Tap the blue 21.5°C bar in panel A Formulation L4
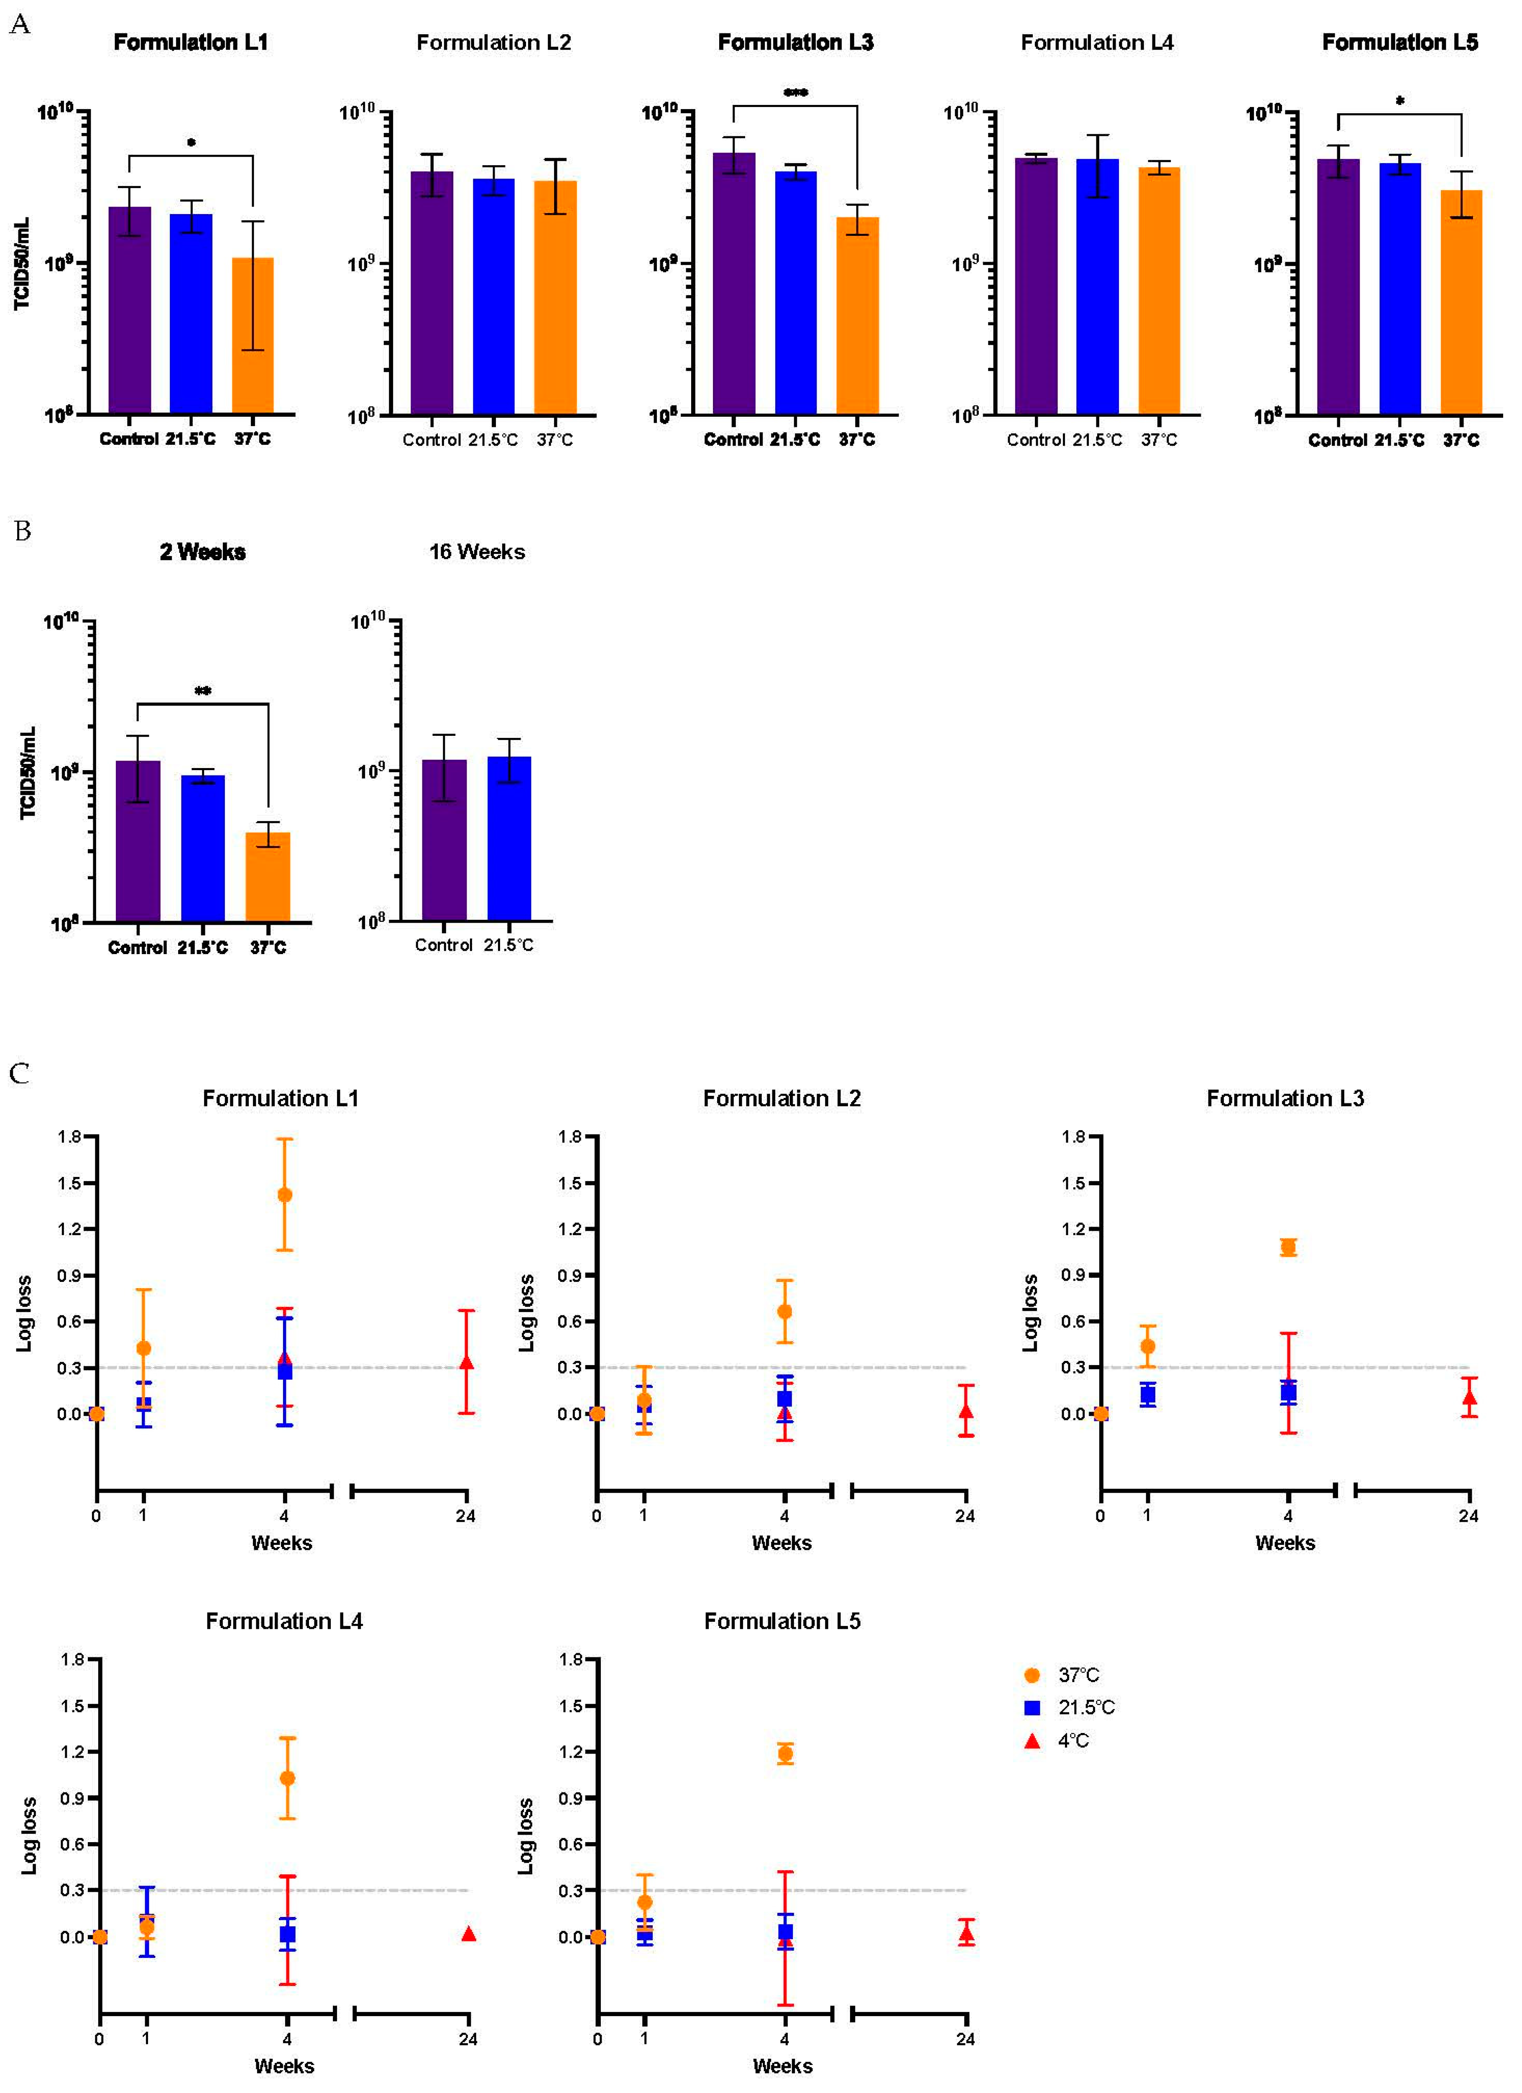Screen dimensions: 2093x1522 coord(1096,286)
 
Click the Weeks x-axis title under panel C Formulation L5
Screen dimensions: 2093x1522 coord(782,2066)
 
